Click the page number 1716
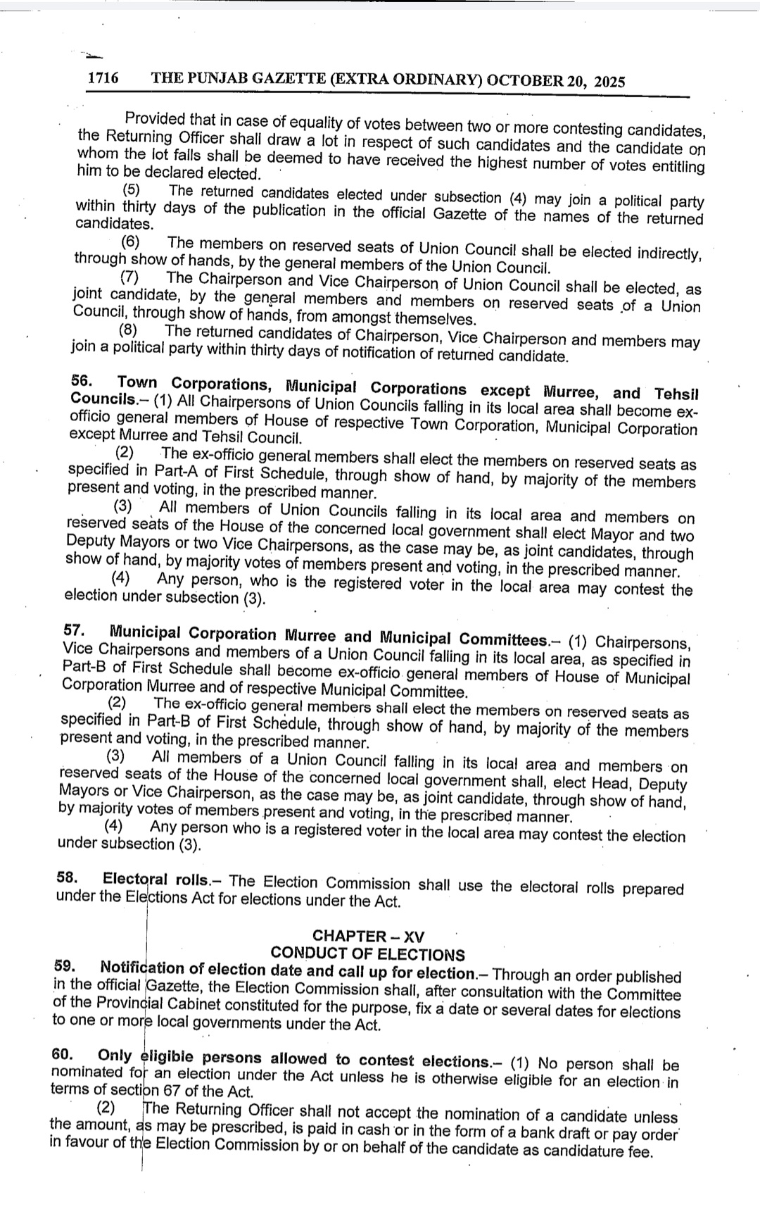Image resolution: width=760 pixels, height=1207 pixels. click(103, 78)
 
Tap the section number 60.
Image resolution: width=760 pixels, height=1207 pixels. click(63, 1053)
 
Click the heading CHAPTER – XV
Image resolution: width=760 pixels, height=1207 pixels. click(368, 936)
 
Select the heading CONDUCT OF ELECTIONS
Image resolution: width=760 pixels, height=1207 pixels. click(367, 954)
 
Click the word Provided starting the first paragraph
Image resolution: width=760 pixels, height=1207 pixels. click(154, 118)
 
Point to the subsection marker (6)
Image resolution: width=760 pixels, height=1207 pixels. click(132, 242)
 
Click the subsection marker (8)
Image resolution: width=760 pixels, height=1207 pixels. click(127, 330)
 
